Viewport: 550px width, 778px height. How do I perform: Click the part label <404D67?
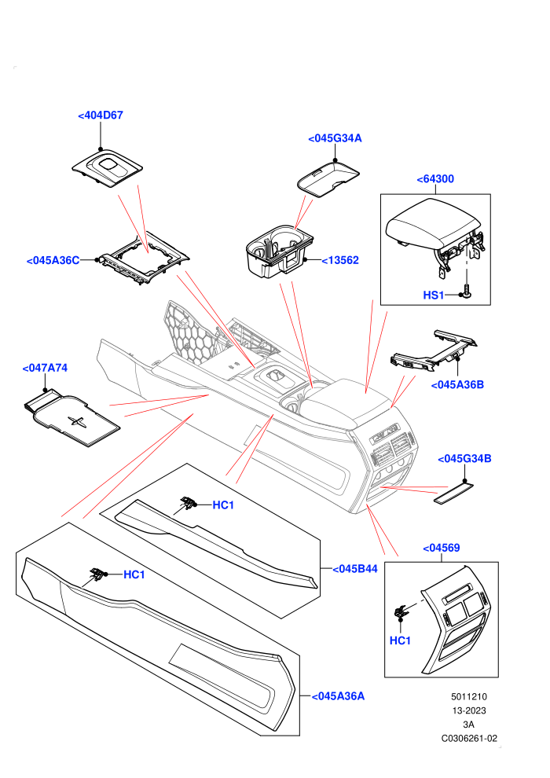click(x=101, y=115)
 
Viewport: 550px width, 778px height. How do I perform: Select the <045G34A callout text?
click(x=335, y=138)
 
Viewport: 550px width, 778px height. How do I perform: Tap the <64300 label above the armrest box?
click(x=435, y=179)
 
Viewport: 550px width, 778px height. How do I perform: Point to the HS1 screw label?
click(x=434, y=295)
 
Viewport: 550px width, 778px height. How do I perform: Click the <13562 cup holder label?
click(x=340, y=260)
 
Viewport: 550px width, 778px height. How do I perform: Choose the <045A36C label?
click(x=53, y=261)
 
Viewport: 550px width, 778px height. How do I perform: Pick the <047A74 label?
click(x=45, y=368)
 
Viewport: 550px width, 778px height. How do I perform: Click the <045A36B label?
click(x=457, y=385)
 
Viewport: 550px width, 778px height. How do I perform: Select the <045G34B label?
click(x=464, y=459)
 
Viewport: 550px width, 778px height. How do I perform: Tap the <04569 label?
click(x=442, y=549)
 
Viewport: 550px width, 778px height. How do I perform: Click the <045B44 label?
click(x=355, y=569)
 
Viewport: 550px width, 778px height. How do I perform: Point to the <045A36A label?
click(x=338, y=696)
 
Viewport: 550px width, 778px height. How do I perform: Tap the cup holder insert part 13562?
click(x=280, y=251)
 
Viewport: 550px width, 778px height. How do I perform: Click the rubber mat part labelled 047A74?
click(x=72, y=417)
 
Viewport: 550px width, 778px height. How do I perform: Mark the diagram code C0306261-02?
click(x=469, y=738)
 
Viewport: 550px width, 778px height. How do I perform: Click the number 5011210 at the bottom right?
click(x=469, y=696)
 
